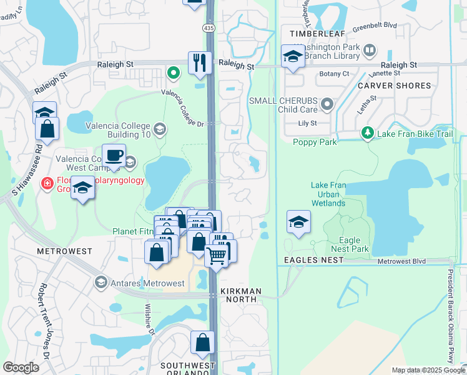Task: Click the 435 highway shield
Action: pos(208,28)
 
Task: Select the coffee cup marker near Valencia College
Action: pos(113,155)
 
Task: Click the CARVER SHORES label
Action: pos(394,86)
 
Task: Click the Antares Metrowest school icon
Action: pos(101,283)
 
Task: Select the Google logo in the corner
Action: pos(21,367)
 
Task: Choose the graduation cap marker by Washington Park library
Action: pos(292,56)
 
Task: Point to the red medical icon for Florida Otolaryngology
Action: pos(47,182)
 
